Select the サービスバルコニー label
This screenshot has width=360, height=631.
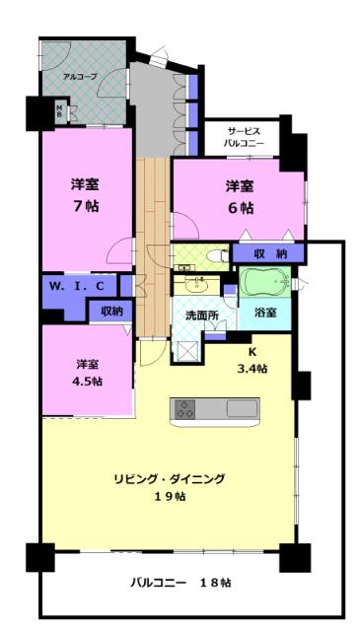tap(242, 136)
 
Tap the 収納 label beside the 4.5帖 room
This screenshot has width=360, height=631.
tap(111, 311)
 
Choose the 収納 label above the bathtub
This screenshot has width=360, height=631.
tap(269, 254)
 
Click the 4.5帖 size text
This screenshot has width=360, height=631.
tap(88, 382)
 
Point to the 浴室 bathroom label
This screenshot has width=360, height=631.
tap(264, 312)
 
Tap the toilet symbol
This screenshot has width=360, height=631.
tap(216, 254)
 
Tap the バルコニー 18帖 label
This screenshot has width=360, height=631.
tap(180, 582)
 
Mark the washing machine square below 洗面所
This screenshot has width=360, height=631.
tap(188, 351)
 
